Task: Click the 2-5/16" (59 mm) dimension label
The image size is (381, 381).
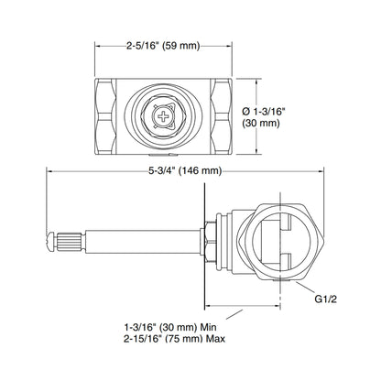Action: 163,46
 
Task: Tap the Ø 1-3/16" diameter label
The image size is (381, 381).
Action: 264,112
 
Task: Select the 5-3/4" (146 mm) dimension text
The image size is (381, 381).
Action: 185,171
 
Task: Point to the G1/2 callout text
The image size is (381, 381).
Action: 326,299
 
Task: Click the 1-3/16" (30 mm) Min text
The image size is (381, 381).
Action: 170,327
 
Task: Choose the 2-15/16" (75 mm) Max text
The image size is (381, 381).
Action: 174,339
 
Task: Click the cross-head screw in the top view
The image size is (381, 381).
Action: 163,116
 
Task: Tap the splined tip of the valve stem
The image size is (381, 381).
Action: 70,243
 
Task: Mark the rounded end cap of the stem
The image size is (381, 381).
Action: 50,243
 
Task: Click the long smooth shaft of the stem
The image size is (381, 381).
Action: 143,242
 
